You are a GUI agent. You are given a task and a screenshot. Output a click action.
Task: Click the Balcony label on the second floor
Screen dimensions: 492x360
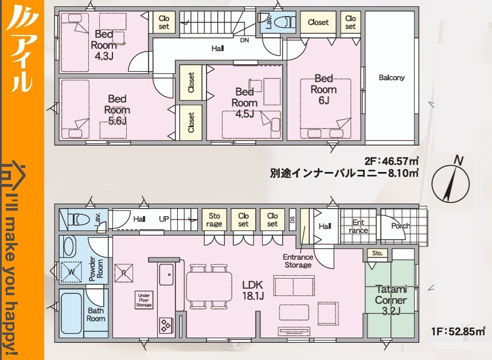(x=391, y=77)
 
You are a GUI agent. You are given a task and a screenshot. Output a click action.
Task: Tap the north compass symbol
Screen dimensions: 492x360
(x=451, y=182)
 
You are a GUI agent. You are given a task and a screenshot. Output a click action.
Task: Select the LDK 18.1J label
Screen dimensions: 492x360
(x=252, y=290)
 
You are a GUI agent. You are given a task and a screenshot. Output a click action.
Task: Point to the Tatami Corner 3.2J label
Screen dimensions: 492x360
(x=391, y=300)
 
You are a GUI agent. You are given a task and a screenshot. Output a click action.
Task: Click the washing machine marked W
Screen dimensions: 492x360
(x=71, y=272)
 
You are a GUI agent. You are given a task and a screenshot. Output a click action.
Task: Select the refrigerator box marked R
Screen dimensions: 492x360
(x=124, y=273)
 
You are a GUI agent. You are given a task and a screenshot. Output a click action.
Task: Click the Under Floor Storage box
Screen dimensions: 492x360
(x=144, y=300)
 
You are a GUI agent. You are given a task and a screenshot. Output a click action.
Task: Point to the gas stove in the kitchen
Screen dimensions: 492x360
(x=165, y=325)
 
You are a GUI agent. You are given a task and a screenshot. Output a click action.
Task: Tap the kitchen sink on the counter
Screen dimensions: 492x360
(x=166, y=275)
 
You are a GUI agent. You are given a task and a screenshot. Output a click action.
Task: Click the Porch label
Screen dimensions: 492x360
(x=401, y=226)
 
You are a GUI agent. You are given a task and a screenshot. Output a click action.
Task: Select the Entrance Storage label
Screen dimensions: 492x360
(x=298, y=261)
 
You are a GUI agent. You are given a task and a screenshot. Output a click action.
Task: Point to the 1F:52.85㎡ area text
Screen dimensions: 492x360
(x=458, y=331)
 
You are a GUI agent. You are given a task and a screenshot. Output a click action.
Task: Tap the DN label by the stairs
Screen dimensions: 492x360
(x=244, y=40)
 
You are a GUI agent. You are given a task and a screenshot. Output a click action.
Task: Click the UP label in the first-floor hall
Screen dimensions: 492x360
(x=164, y=219)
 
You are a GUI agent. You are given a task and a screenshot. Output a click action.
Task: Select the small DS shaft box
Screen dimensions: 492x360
(x=292, y=220)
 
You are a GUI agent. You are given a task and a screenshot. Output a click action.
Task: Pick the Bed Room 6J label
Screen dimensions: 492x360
(x=323, y=89)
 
